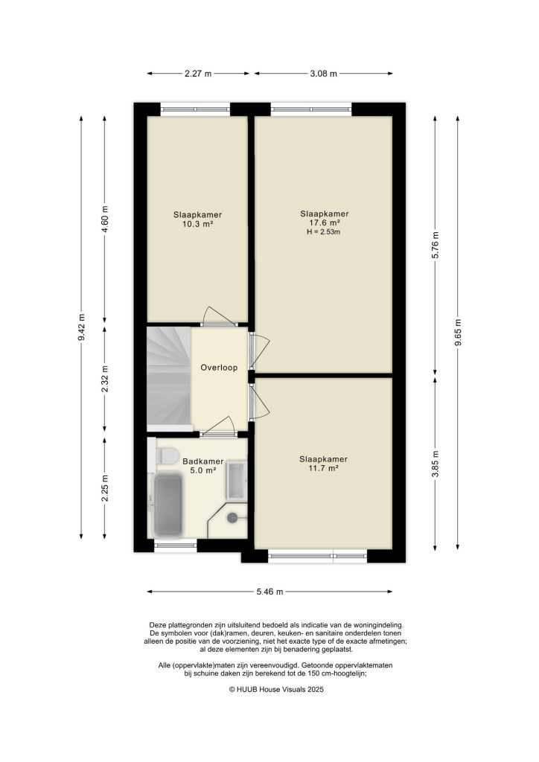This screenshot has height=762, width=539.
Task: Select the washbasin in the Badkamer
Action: click(x=237, y=481)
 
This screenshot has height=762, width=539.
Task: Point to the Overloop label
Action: click(x=218, y=368)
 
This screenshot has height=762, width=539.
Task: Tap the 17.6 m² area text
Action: click(x=323, y=222)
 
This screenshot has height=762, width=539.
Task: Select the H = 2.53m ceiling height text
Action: click(x=323, y=232)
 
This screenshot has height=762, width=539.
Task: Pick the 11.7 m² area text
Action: click(x=323, y=468)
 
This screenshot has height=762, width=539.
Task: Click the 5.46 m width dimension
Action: click(x=269, y=592)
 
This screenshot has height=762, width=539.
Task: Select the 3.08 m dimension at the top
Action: click(x=323, y=74)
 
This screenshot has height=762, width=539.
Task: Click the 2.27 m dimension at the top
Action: click(x=197, y=74)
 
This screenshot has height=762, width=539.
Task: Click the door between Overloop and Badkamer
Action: click(x=220, y=428)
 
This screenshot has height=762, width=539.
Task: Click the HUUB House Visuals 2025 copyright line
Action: click(x=269, y=690)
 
